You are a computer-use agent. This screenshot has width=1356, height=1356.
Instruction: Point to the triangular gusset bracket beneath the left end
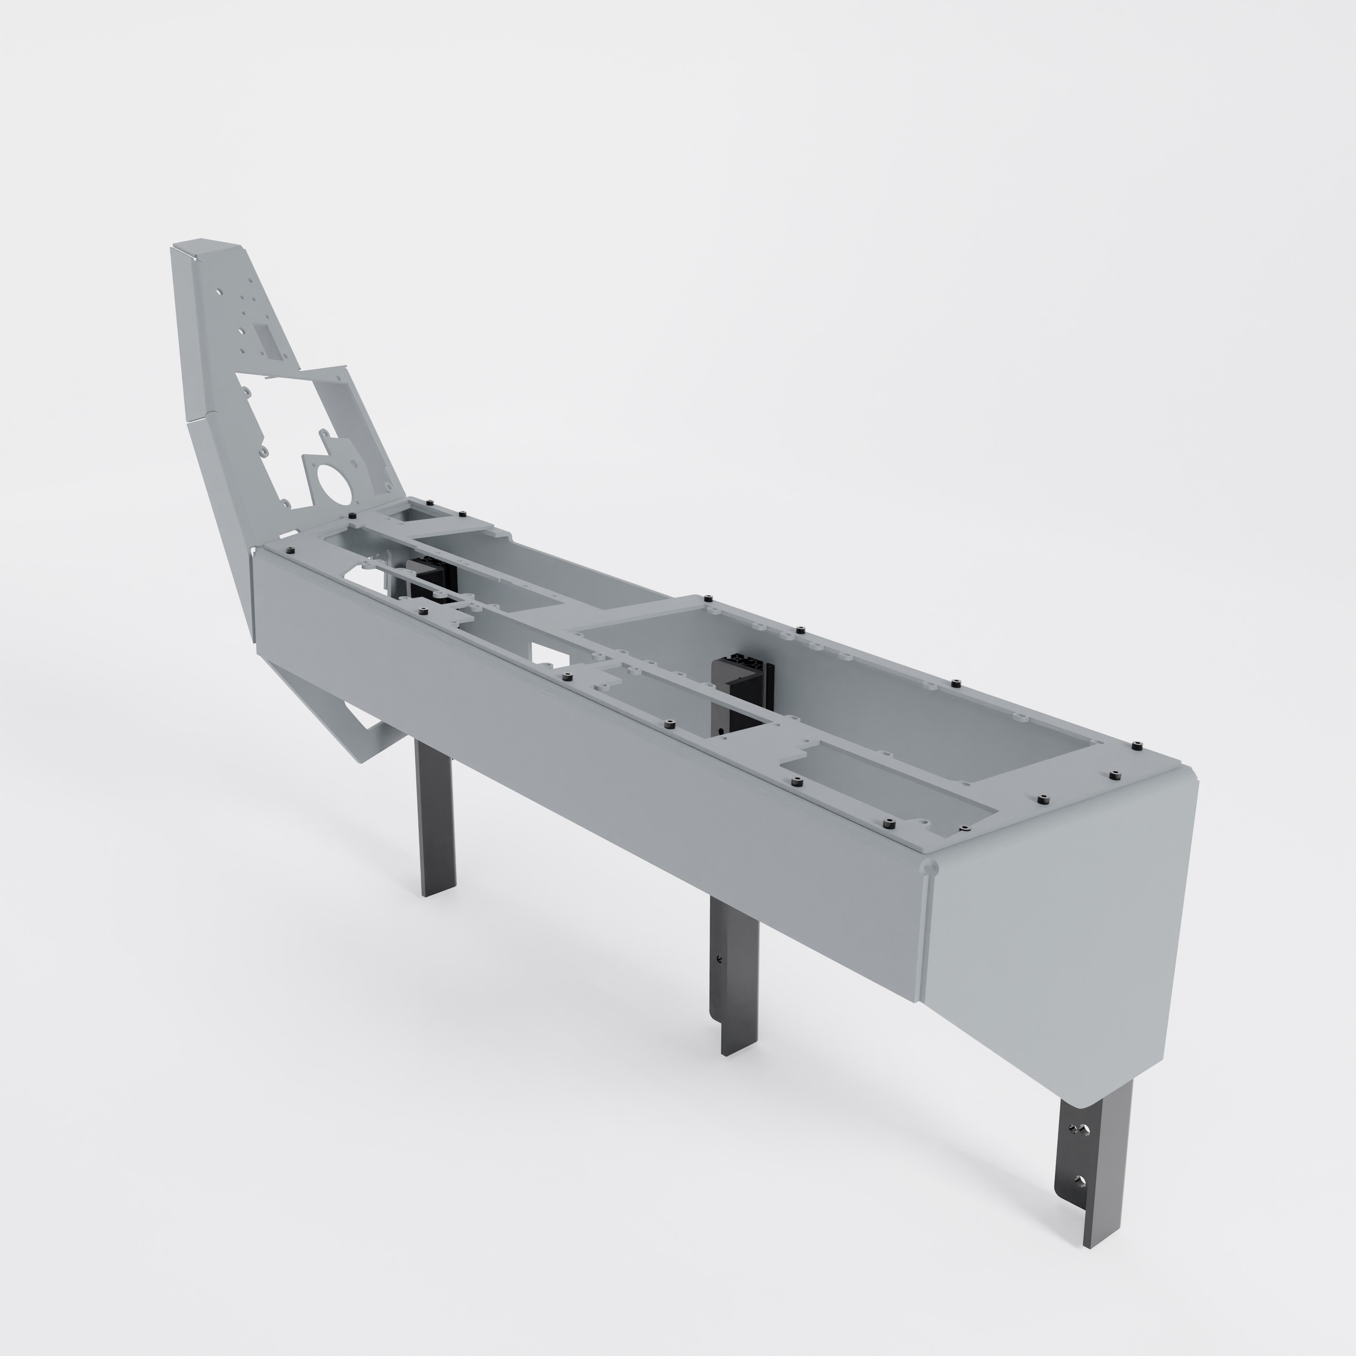(337, 709)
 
